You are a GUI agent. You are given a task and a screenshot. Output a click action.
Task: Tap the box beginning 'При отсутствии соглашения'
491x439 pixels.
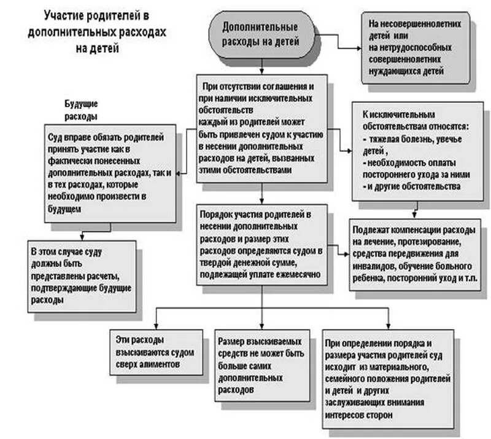pyautogui.click(x=260, y=129)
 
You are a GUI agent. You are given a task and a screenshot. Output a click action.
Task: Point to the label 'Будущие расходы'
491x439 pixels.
pyautogui.click(x=82, y=109)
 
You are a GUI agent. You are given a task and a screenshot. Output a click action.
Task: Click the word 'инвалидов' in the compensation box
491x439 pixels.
pyautogui.click(x=373, y=266)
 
